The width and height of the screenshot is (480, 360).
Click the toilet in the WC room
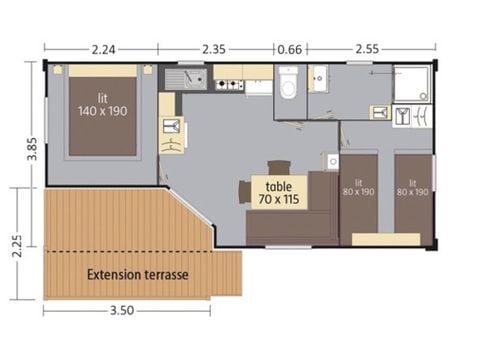289,87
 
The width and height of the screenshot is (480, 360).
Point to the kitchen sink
186,77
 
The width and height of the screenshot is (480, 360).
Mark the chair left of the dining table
243,190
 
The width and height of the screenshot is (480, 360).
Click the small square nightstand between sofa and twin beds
332,160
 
